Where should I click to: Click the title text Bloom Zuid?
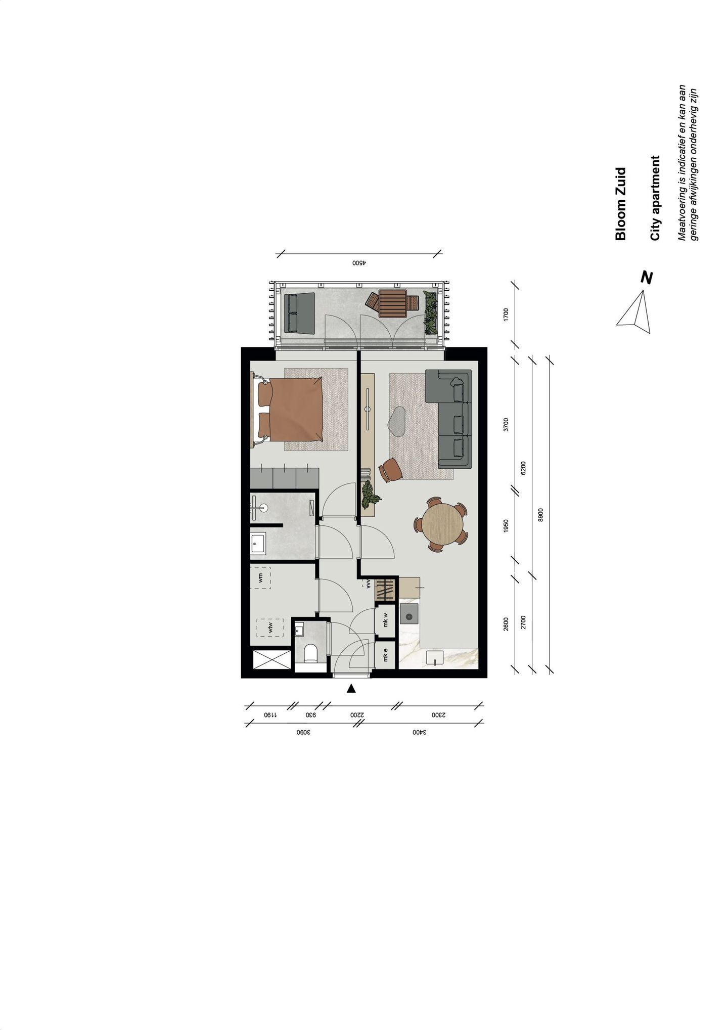pyautogui.click(x=621, y=204)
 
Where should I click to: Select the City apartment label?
pyautogui.click(x=656, y=198)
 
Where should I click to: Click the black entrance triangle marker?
pyautogui.click(x=352, y=688)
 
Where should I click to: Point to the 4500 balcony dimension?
pyautogui.click(x=358, y=263)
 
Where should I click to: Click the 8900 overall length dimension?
pyautogui.click(x=540, y=515)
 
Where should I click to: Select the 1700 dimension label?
pyautogui.click(x=506, y=315)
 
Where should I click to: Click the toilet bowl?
pyautogui.click(x=311, y=653)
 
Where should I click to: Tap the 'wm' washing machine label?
pyautogui.click(x=260, y=578)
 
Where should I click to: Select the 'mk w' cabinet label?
pyautogui.click(x=385, y=619)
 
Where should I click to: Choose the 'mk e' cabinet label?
pyautogui.click(x=385, y=655)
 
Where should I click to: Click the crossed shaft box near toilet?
pyautogui.click(x=272, y=660)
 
